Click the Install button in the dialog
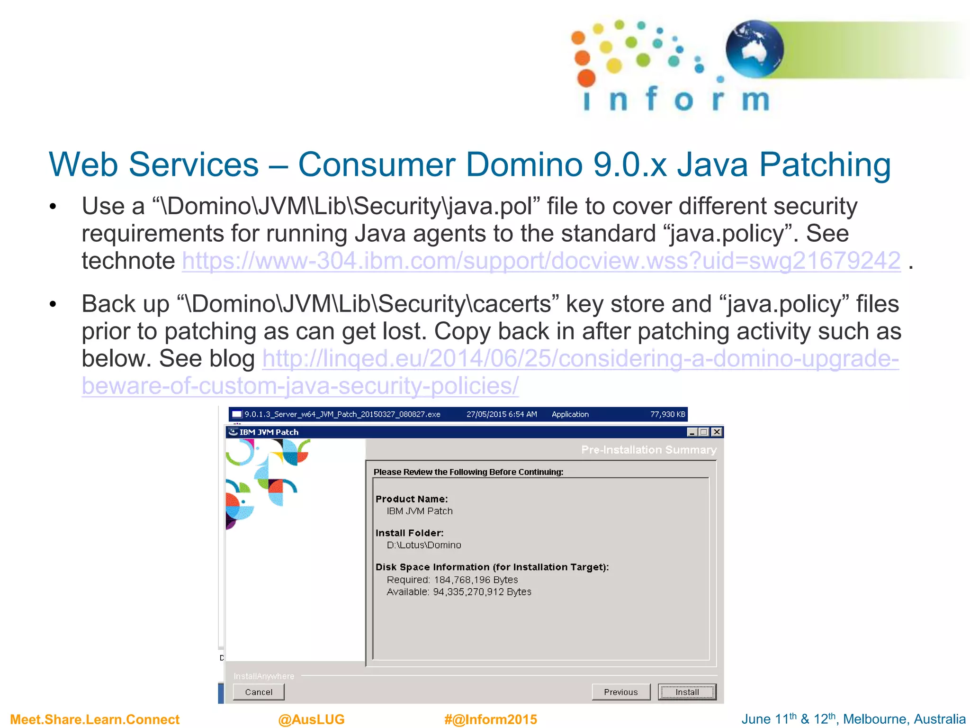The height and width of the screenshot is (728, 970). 687,692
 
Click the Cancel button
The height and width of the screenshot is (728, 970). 259,692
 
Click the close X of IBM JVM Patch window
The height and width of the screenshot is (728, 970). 717,432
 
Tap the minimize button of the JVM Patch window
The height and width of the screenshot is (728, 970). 692,432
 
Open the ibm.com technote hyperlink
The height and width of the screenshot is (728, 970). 541,261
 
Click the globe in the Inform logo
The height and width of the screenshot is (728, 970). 754,49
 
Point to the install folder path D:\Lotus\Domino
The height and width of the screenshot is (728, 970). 424,545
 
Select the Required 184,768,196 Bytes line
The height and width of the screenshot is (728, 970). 452,580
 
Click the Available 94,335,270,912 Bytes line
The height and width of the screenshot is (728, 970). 459,592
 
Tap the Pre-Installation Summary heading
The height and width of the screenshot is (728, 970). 649,449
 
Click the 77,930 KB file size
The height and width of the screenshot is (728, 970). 667,414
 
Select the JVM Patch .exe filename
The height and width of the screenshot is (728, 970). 342,414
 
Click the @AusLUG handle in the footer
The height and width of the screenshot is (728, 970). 311,719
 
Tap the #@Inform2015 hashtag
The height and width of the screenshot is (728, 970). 491,719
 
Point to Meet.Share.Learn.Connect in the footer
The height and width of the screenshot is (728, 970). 95,719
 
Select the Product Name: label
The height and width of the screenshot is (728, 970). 411,499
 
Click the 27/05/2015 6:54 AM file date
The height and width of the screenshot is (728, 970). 502,414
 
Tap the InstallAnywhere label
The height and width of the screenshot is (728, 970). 264,676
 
